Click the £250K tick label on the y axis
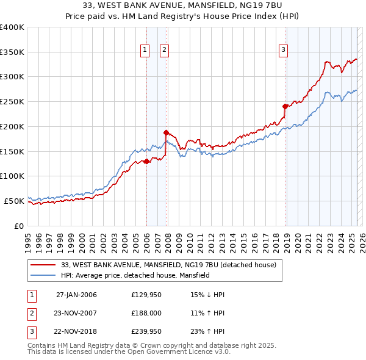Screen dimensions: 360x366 click(x=12, y=102)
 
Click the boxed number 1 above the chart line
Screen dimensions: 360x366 click(x=145, y=51)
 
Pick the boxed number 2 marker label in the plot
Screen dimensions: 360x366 click(x=165, y=51)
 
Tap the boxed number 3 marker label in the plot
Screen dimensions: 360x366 click(x=284, y=51)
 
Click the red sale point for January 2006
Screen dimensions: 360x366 click(x=146, y=161)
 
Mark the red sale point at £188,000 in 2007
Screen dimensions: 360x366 click(x=166, y=132)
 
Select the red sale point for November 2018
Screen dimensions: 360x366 click(x=285, y=106)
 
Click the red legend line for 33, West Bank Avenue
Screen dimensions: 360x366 click(x=43, y=265)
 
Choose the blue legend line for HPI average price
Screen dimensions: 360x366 click(x=43, y=275)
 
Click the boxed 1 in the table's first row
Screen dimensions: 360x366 click(x=30, y=295)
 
